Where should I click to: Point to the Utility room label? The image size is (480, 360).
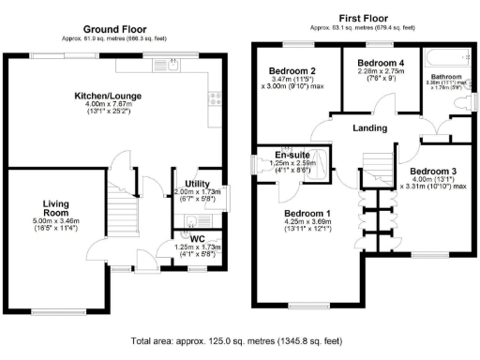tap(197, 184)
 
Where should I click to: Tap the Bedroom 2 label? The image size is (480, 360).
tap(291, 72)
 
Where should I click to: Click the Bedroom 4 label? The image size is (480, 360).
tap(373, 63)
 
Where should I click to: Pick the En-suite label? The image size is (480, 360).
tap(292, 155)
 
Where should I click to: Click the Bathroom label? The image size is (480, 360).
tap(448, 77)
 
